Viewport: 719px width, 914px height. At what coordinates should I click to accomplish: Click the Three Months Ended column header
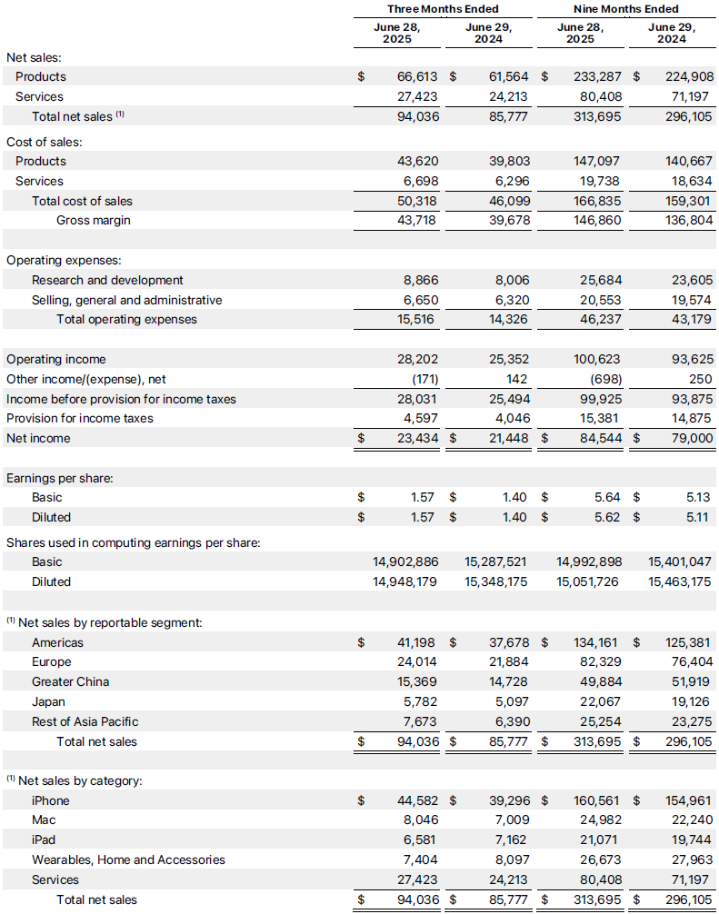443,9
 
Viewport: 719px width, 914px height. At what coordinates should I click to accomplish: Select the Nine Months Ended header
625,9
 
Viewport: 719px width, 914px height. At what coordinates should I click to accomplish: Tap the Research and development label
107,281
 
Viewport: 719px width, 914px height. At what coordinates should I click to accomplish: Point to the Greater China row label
70,682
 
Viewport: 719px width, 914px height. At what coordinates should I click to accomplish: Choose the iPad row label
44,840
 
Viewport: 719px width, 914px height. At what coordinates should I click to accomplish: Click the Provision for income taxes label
80,419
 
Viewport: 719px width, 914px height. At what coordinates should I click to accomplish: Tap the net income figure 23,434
416,439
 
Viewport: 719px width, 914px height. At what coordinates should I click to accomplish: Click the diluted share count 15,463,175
680,582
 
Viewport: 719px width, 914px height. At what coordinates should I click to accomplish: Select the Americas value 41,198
416,643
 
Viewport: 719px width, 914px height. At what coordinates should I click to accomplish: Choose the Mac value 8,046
420,820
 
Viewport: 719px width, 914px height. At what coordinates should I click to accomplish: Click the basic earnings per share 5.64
607,498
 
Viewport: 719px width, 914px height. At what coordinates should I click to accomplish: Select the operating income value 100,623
597,360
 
